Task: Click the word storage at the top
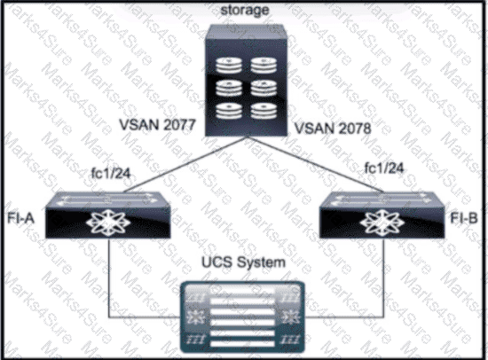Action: coord(245,11)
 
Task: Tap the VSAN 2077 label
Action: coord(157,125)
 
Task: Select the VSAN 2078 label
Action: coord(333,129)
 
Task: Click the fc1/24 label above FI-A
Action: coord(111,173)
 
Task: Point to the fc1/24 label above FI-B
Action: coord(384,168)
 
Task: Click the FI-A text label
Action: coord(20,218)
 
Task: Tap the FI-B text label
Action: coord(464,218)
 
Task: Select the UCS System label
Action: coord(243,262)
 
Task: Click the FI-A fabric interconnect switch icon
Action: coord(107,215)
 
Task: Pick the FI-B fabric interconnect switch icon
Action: coord(382,215)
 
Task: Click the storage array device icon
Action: coord(246,81)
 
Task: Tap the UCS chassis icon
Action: coord(242,317)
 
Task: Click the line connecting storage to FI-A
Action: coord(185,164)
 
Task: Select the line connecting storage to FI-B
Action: coord(316,164)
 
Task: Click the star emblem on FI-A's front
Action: coord(108,223)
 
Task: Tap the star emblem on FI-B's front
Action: coord(382,223)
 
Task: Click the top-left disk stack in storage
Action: coord(229,65)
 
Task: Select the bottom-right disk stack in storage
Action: coord(264,111)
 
